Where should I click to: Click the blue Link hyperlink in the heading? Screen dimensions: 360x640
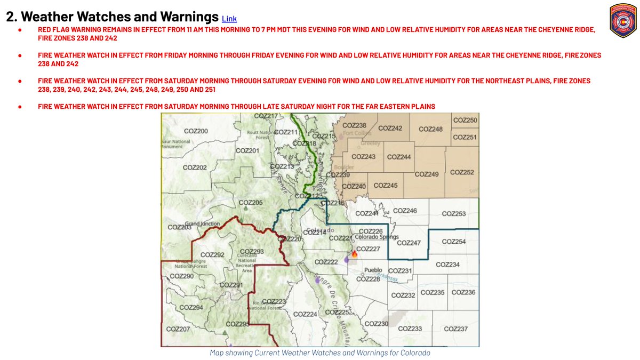[x=229, y=19]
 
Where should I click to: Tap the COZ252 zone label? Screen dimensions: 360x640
[x=462, y=172]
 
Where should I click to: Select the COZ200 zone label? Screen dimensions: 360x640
[x=196, y=131]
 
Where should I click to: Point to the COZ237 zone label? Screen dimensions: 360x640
[x=455, y=329]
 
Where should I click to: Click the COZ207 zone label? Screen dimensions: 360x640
[x=178, y=329]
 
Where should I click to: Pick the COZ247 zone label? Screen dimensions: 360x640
[x=409, y=243]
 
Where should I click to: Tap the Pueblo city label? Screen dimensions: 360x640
[x=373, y=270]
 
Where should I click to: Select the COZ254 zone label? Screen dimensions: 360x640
[x=454, y=242]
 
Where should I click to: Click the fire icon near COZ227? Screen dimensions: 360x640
[x=355, y=254]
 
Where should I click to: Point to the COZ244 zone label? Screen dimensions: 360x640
[x=398, y=157]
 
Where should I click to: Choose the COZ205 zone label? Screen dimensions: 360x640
[x=251, y=203]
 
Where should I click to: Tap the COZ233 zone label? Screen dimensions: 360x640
[x=410, y=329]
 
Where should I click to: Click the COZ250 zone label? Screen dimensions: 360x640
[x=465, y=121]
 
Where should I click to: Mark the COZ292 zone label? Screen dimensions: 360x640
[x=212, y=254]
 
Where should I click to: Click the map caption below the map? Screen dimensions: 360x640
[x=320, y=353]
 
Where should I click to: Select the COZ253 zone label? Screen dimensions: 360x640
[x=454, y=214]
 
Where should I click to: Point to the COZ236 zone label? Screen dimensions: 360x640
[x=463, y=292]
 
